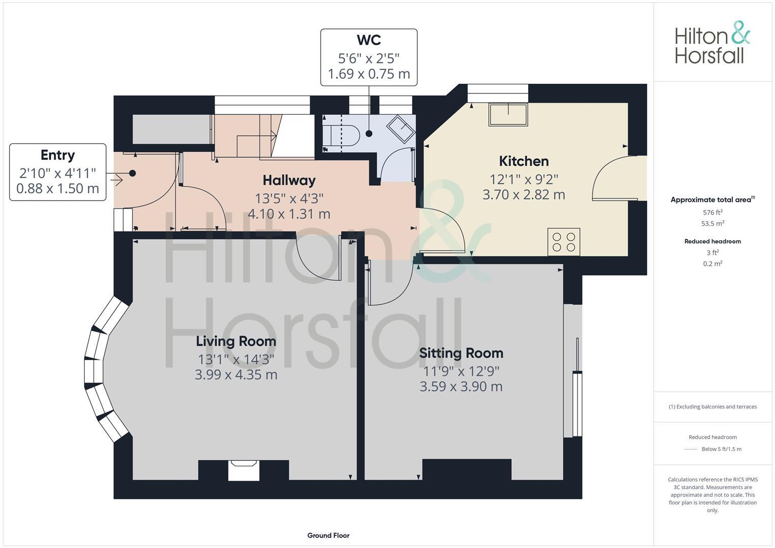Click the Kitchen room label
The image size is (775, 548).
click(524, 161)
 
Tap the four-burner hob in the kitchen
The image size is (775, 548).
click(563, 242)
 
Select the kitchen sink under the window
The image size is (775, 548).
click(508, 115)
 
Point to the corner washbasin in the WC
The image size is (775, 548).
click(401, 128)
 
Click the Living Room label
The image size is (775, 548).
click(236, 341)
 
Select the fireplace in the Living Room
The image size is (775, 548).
click(244, 469)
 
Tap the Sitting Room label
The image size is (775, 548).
click(461, 353)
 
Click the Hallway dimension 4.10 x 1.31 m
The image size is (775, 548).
click(289, 214)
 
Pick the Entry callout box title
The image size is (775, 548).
click(58, 155)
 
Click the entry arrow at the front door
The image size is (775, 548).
click(115, 179)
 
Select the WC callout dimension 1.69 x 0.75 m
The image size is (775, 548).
click(368, 74)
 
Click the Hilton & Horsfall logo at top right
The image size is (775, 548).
click(712, 43)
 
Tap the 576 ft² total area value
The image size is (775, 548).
click(713, 213)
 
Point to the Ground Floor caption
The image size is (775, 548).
click(328, 535)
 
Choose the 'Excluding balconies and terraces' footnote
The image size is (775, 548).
click(713, 406)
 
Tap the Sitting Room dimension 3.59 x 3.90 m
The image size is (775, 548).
click(461, 387)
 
